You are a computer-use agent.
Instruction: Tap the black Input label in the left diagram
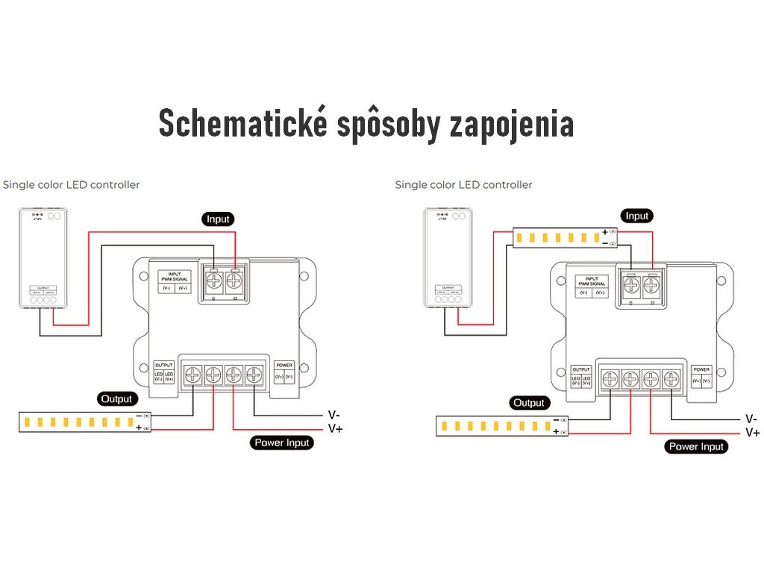[218, 219]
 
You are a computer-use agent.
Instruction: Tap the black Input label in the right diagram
[636, 216]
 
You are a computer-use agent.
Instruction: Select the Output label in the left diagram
[116, 399]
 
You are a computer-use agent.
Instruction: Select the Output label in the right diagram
[529, 403]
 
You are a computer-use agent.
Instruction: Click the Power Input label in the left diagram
[281, 442]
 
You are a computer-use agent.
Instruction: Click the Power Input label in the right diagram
[696, 447]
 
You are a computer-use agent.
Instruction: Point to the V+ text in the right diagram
[752, 433]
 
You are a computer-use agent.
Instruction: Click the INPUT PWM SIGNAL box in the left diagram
[175, 281]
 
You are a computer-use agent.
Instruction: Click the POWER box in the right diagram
[701, 376]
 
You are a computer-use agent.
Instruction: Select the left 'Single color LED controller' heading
[71, 184]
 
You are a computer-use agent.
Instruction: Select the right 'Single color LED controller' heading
[463, 184]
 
